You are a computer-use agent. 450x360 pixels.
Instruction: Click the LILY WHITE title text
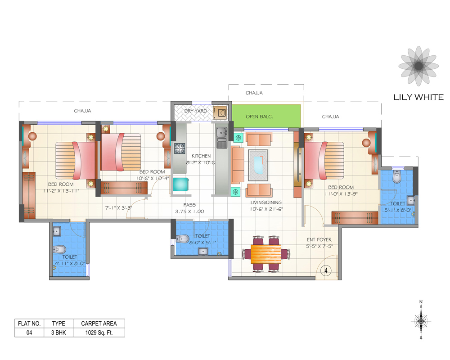pos(418,97)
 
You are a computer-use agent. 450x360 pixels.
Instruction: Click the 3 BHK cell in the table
pos(58,333)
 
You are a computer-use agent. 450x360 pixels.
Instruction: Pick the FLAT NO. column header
pos(29,323)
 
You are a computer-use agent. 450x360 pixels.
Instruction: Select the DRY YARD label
pos(196,111)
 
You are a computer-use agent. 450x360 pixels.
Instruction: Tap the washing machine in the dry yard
pos(220,112)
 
